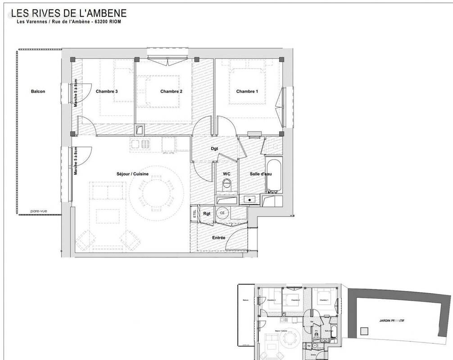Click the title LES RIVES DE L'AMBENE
[72, 13]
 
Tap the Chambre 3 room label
[107, 91]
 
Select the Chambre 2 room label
[171, 91]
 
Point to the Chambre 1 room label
[247, 91]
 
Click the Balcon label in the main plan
[38, 91]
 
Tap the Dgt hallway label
[215, 148]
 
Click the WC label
[227, 173]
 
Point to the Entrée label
[219, 238]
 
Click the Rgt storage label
[207, 213]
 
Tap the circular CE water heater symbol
[222, 213]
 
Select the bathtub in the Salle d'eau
[273, 175]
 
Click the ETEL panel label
[195, 213]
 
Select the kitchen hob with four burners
[140, 144]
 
